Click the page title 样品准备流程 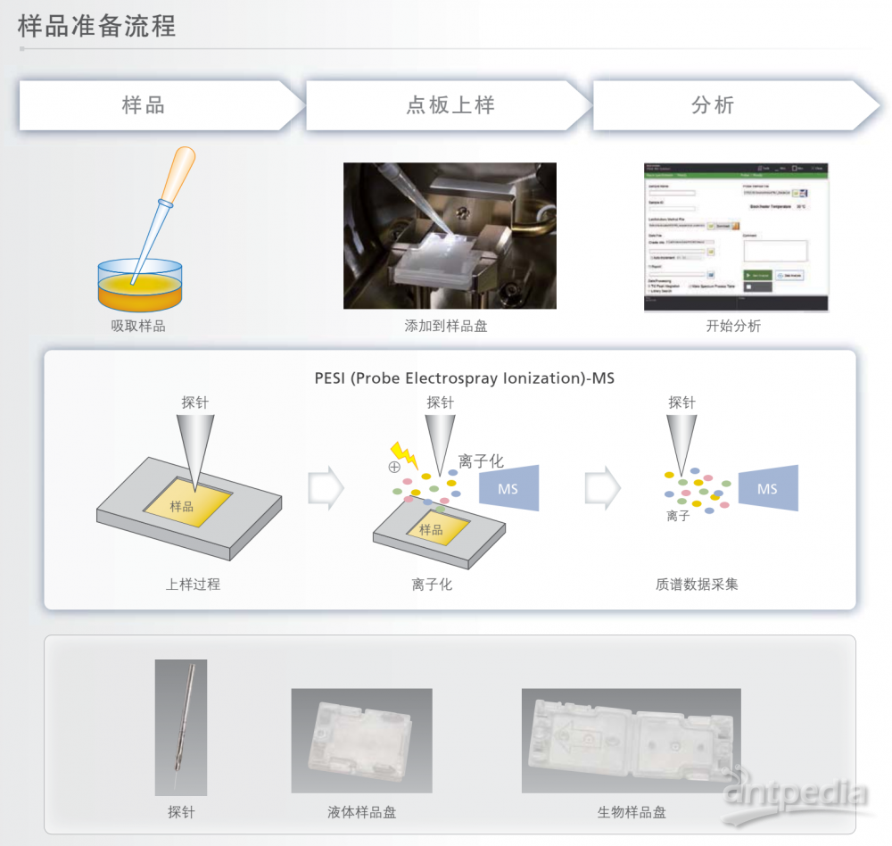[97, 25]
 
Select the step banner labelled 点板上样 [450, 105]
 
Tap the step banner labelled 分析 [713, 105]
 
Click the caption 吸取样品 [138, 327]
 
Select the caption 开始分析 [734, 327]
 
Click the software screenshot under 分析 [736, 237]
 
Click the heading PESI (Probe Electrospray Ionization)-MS [464, 378]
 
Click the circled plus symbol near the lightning [394, 467]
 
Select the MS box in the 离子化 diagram [508, 488]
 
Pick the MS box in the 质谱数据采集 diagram [767, 488]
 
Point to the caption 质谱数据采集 [697, 585]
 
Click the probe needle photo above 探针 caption [181, 727]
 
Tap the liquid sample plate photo [361, 741]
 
